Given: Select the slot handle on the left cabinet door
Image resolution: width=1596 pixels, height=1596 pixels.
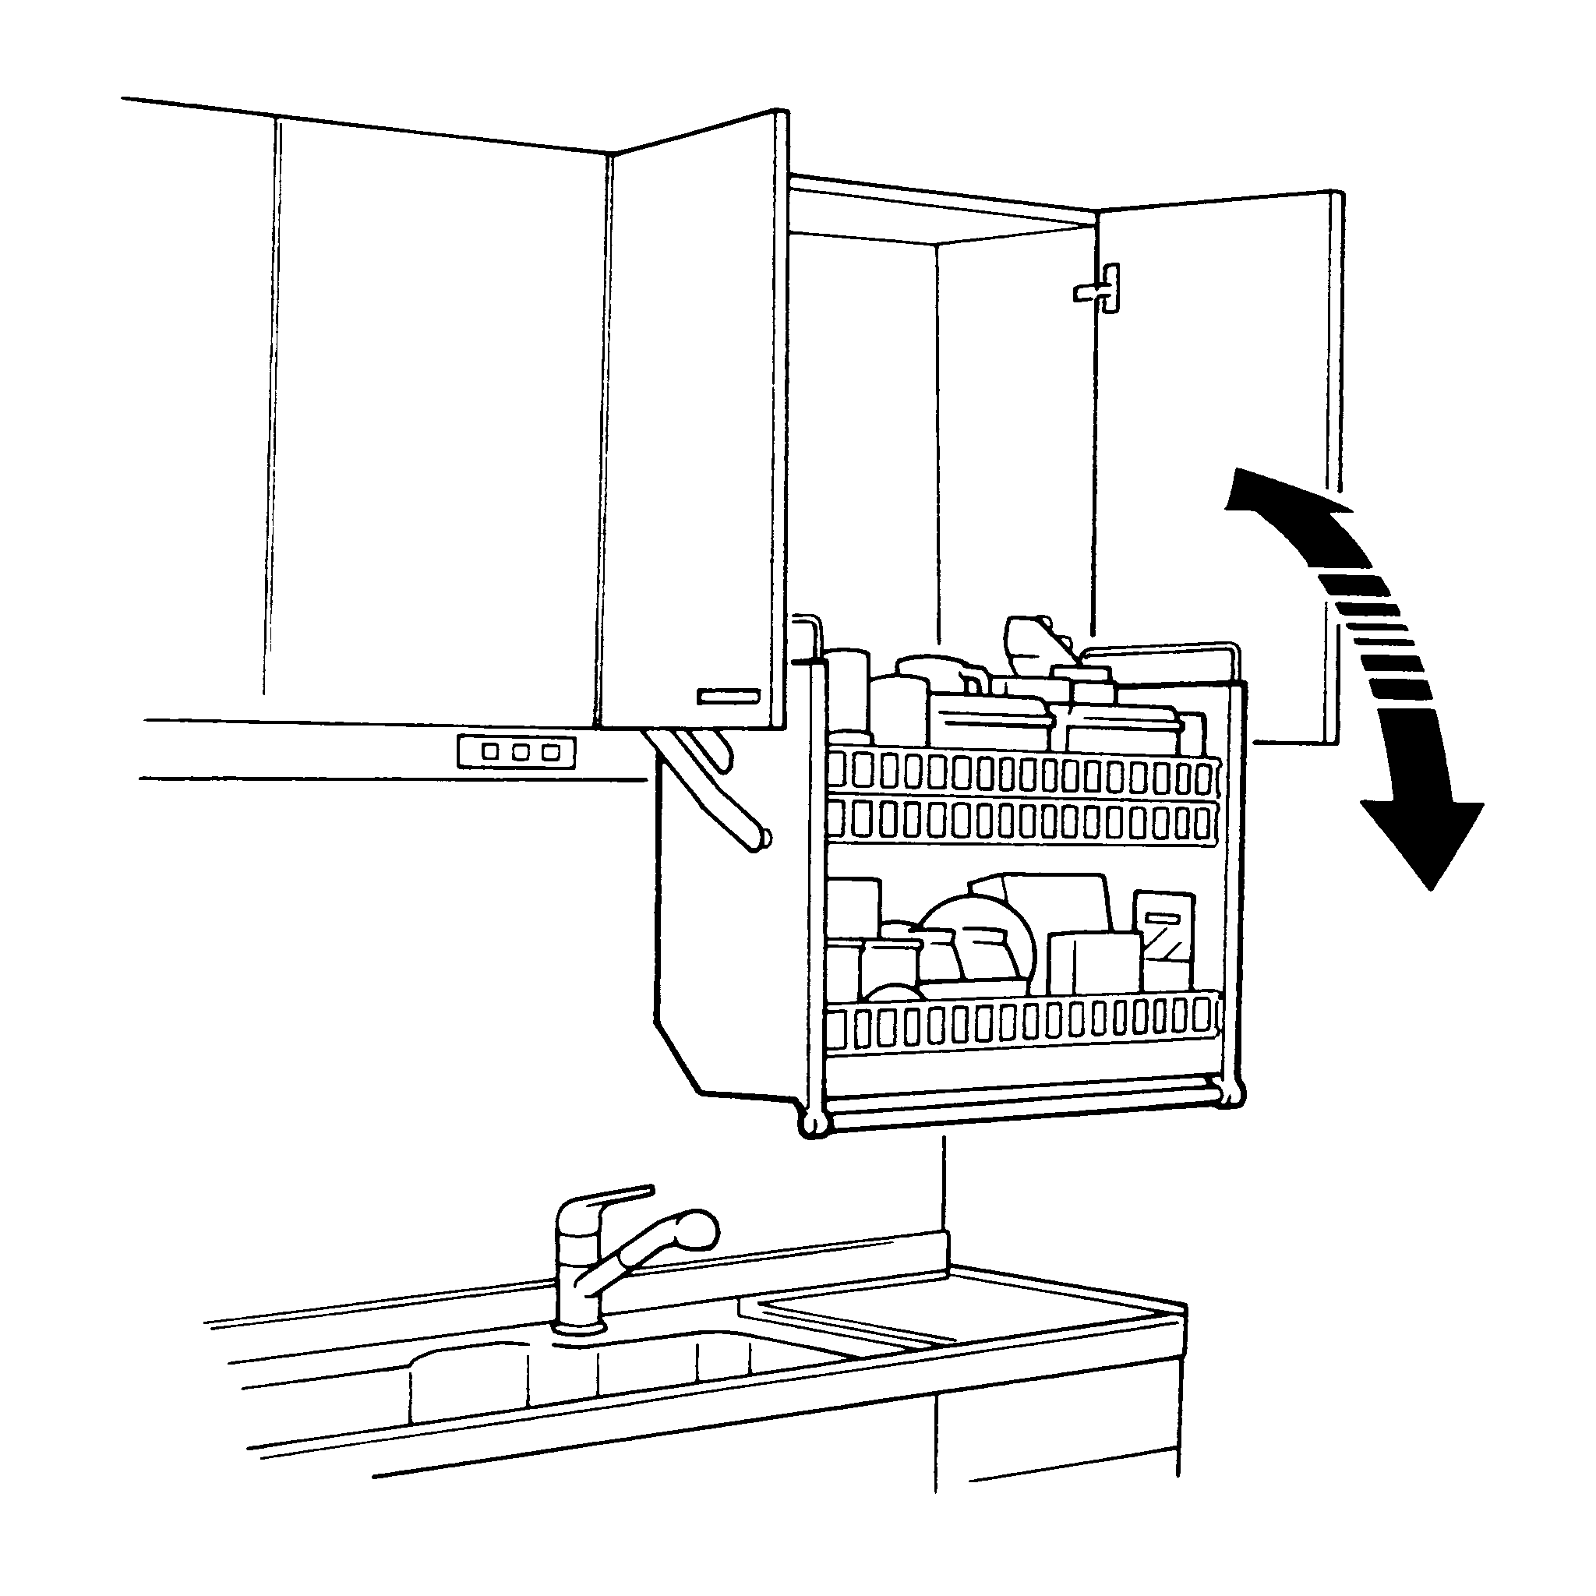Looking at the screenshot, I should coord(729,697).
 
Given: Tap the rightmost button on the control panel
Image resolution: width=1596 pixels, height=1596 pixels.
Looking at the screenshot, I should coord(549,753).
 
